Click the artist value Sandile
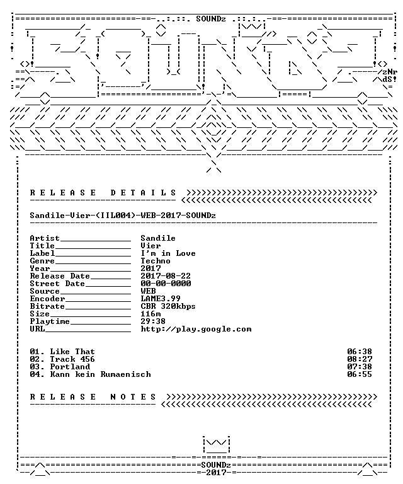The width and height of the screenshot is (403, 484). [158, 238]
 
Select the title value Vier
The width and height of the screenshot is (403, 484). [150, 246]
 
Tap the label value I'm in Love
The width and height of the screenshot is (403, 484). [168, 253]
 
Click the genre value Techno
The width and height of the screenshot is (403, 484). [156, 261]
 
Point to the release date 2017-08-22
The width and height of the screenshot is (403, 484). [166, 276]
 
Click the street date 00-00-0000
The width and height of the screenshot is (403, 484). [166, 284]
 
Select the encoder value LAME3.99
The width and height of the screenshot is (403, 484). [161, 299]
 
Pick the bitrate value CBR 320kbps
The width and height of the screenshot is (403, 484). [168, 306]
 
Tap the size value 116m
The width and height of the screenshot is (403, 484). [150, 314]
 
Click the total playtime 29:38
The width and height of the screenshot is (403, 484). [153, 321]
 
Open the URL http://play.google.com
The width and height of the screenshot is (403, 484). [196, 329]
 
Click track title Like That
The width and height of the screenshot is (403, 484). [72, 352]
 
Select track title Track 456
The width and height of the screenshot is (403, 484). [72, 359]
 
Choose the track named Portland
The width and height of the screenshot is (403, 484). [70, 367]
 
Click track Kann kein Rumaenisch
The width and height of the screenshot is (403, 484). [101, 374]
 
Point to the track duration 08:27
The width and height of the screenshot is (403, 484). [360, 359]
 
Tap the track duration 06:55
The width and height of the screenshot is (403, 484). [360, 374]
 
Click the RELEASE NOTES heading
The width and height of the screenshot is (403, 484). [93, 397]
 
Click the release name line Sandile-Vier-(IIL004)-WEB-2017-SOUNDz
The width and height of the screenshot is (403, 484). [123, 216]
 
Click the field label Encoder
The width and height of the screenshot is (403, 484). [47, 299]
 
